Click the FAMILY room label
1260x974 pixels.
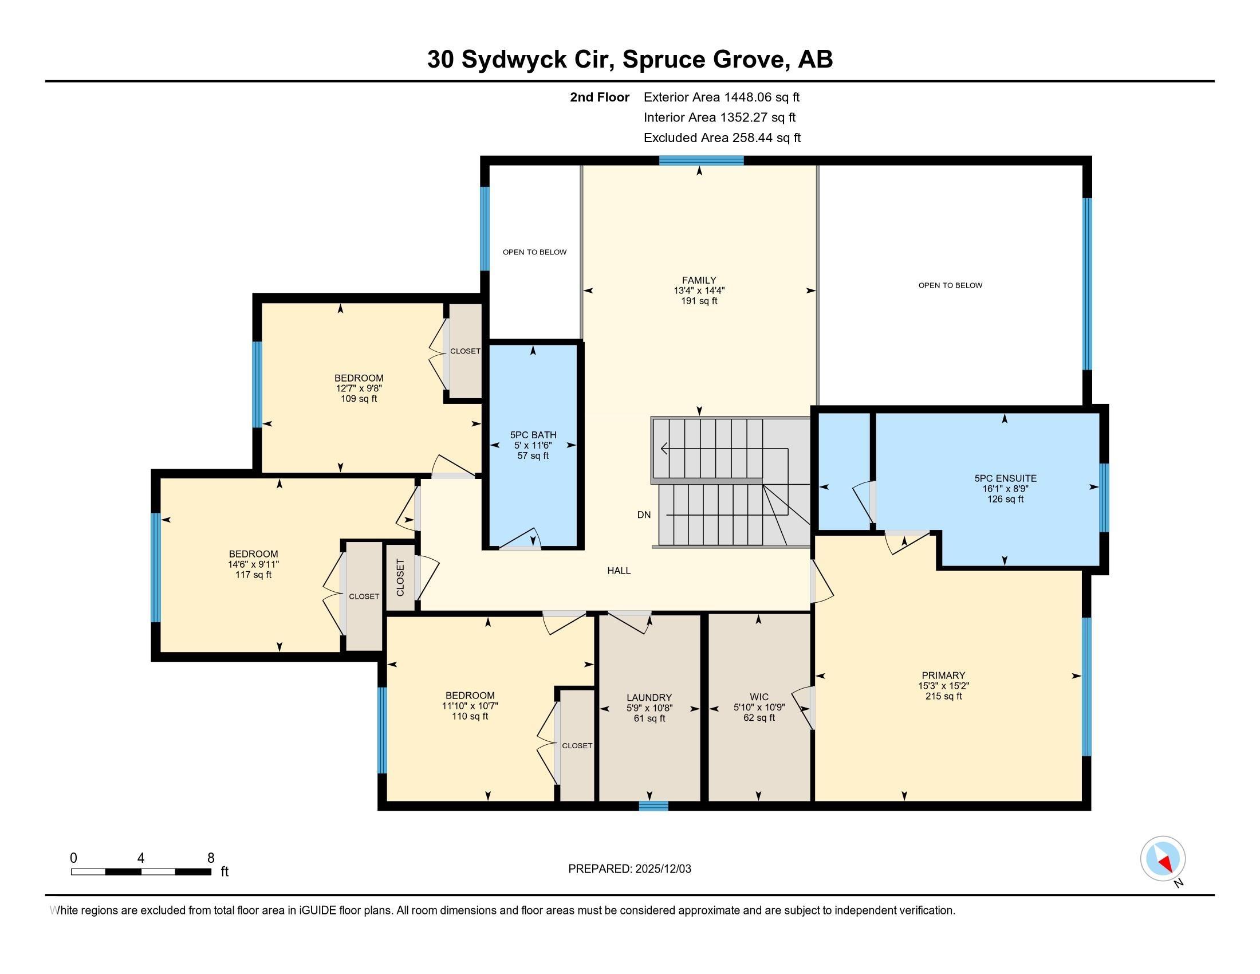(699, 280)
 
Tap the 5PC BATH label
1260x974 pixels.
(533, 435)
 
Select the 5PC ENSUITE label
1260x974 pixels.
(1005, 478)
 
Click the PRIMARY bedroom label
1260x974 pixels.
(943, 675)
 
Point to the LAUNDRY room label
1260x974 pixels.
(649, 698)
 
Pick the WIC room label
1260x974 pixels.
(759, 697)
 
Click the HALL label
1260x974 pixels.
(619, 571)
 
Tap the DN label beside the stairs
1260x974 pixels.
(644, 515)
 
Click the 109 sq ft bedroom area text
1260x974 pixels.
(359, 399)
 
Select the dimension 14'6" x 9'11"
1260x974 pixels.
(253, 564)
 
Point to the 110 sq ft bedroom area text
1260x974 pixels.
(470, 717)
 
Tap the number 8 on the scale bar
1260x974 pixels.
(211, 858)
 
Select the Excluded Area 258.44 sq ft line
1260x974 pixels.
(722, 138)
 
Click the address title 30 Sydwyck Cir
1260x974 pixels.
(519, 60)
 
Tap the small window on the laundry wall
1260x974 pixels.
(653, 806)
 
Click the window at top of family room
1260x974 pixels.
(701, 160)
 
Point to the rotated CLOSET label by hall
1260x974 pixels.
(400, 578)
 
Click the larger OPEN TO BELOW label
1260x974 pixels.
(950, 285)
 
